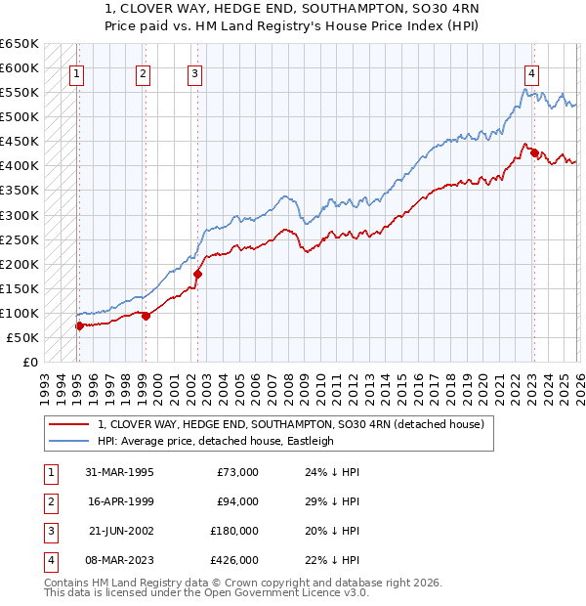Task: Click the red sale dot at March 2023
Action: pyautogui.click(x=534, y=152)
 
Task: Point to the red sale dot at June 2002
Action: pyautogui.click(x=197, y=274)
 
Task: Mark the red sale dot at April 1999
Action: pyautogui.click(x=146, y=316)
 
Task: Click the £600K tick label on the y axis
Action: pyautogui.click(x=20, y=67)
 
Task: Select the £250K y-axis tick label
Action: pyautogui.click(x=20, y=239)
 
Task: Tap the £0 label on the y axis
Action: pyautogui.click(x=28, y=362)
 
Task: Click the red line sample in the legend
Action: pyautogui.click(x=68, y=424)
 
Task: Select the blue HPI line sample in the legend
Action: pyautogui.click(x=68, y=441)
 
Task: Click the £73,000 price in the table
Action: pyautogui.click(x=237, y=472)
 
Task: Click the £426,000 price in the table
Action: pyautogui.click(x=234, y=560)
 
